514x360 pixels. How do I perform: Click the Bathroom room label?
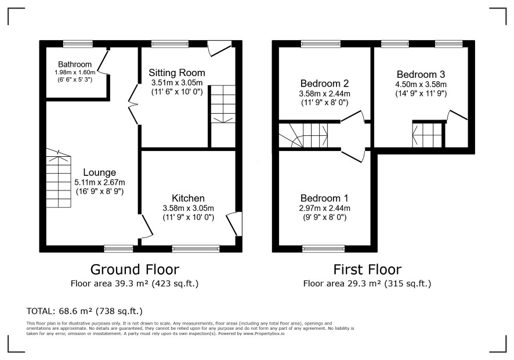75,64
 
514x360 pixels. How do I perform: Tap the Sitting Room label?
177,73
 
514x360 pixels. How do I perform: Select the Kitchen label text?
188,198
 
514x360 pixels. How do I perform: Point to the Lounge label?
100,172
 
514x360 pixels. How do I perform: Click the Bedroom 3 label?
421,74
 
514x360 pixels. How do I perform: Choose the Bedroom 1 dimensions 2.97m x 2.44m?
324,208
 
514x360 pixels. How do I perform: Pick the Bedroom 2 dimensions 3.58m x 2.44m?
324,93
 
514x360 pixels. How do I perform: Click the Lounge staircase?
59,178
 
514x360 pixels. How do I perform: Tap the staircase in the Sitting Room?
223,105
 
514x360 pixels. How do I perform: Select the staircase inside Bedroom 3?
427,135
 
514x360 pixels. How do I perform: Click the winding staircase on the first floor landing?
303,135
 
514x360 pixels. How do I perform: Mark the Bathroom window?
78,44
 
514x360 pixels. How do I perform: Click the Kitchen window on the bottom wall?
196,249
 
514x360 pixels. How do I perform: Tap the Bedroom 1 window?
324,249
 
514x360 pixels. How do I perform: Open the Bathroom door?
104,62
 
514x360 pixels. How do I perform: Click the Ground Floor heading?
135,269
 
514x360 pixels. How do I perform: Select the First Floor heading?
367,269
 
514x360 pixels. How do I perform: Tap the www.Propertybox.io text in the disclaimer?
264,333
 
